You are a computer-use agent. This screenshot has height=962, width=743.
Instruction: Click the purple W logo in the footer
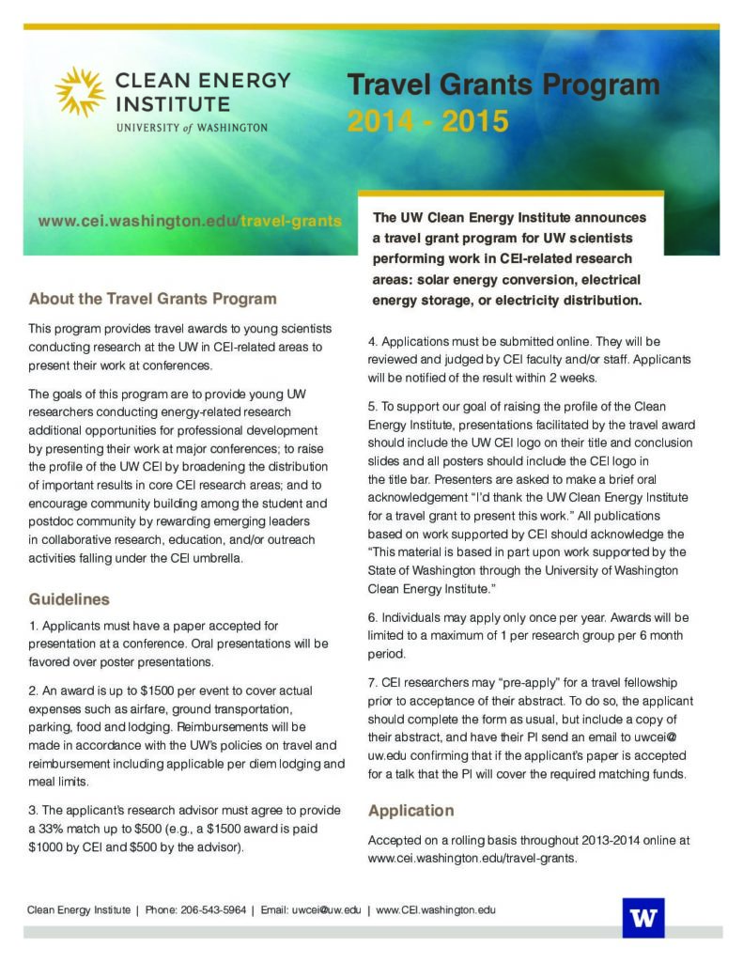[642, 917]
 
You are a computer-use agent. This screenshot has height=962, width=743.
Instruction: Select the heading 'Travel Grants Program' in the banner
[503, 85]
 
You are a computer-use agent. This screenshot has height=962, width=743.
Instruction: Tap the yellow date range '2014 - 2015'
[427, 122]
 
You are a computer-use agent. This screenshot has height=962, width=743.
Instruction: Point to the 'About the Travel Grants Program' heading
[152, 299]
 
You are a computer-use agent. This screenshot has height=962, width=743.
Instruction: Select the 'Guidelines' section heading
[69, 598]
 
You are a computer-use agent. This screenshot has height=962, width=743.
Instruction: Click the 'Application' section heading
[410, 810]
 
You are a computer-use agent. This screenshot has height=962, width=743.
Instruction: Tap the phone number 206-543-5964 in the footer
[213, 909]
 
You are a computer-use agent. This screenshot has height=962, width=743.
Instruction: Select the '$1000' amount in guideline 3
[48, 846]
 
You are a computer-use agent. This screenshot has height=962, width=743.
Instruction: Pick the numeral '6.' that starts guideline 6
[373, 617]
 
